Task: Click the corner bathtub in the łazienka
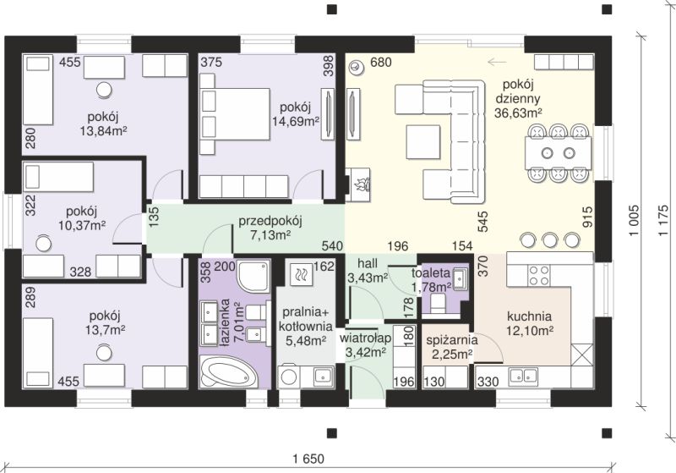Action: (228, 372)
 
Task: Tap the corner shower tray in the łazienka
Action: (253, 276)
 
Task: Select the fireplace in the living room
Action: (357, 184)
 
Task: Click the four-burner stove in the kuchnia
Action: (539, 276)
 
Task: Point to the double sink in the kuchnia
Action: (523, 376)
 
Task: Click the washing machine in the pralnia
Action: (289, 377)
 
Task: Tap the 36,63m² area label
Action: (518, 113)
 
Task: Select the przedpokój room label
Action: (270, 222)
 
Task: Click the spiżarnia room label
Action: (452, 340)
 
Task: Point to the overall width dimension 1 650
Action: (308, 459)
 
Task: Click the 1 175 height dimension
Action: (664, 221)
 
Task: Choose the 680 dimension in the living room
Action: (381, 63)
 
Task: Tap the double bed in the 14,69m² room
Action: (235, 114)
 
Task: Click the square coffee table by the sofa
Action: (423, 142)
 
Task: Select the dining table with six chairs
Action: (559, 153)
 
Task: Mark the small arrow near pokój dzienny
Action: (497, 63)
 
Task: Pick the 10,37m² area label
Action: (82, 225)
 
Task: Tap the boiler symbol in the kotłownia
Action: (301, 272)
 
